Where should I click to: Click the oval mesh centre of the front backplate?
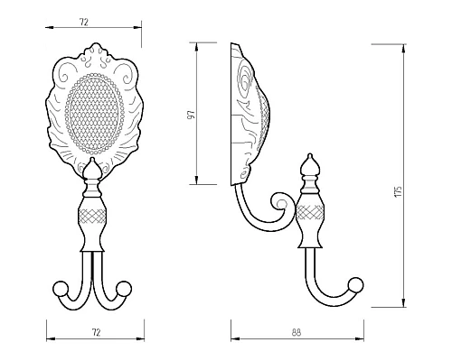tap(95, 113)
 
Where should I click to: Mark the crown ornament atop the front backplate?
tap(95, 52)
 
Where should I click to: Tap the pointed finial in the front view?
tap(95, 170)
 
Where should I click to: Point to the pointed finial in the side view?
tap(309, 166)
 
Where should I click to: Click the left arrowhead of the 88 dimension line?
tap(234, 341)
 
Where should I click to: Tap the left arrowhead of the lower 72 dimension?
tap(47, 341)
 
